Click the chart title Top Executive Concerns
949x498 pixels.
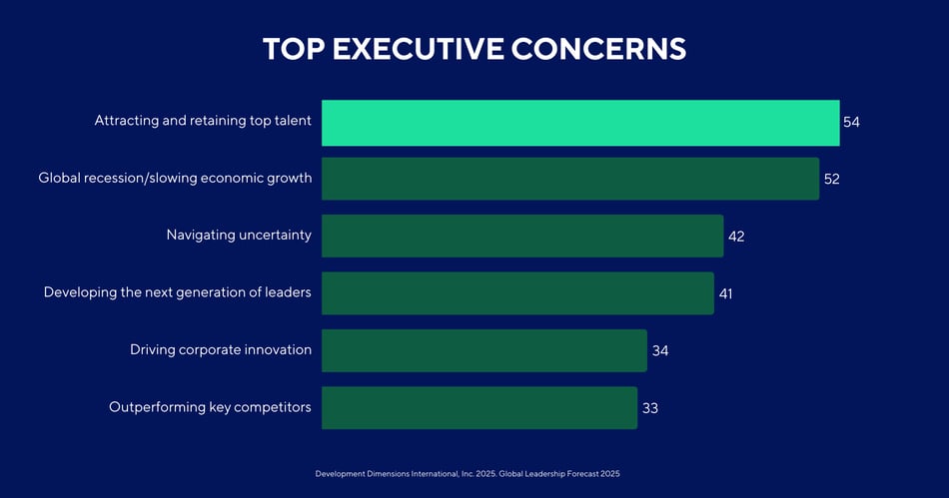[x=474, y=49]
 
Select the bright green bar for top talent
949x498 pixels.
[x=579, y=123]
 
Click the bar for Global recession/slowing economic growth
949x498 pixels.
[x=569, y=179]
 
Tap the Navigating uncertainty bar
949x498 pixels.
[x=521, y=237]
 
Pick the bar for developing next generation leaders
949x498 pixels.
[x=517, y=293]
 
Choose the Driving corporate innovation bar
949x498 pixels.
[x=483, y=350]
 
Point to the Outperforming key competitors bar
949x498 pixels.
[x=478, y=407]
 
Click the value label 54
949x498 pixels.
[x=851, y=123]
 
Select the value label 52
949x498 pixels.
[x=831, y=180]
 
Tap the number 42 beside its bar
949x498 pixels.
[x=736, y=237]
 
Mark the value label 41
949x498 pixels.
[x=726, y=293]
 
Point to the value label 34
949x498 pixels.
[x=659, y=351]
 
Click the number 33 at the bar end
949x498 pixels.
[x=650, y=408]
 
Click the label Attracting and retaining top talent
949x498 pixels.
[x=203, y=121]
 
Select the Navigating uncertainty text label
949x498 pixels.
[x=239, y=236]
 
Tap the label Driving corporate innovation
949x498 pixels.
[x=221, y=350]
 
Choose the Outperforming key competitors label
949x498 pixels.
[x=210, y=407]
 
